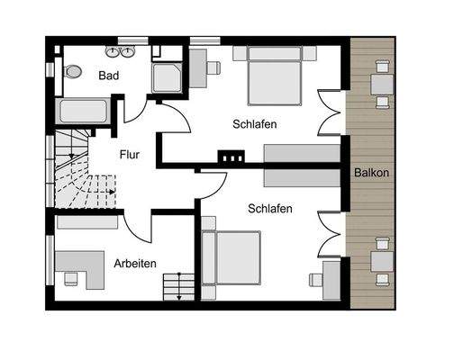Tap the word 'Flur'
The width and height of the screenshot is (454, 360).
(130, 154)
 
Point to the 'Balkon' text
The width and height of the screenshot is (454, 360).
(372, 172)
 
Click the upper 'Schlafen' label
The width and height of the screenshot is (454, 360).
(254, 124)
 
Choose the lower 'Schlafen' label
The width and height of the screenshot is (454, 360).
(269, 209)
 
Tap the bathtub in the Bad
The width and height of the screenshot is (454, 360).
(83, 112)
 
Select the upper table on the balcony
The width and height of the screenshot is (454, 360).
(382, 83)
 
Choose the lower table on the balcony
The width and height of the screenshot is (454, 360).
(382, 261)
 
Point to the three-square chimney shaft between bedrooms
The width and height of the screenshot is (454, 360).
(232, 158)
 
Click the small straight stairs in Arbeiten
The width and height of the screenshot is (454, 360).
(178, 287)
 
